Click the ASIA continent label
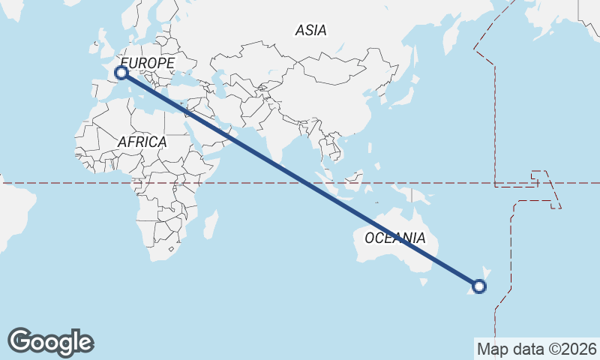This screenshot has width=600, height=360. click(x=310, y=31)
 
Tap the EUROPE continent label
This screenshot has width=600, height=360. click(x=147, y=64)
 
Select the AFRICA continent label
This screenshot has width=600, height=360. click(x=142, y=142)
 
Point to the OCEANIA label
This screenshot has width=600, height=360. click(x=395, y=238)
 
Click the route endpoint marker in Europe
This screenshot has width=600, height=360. click(x=121, y=73)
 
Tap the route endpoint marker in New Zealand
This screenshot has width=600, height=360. click(x=479, y=286)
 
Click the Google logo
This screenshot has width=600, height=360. click(x=50, y=341)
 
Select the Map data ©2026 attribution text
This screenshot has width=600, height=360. click(x=536, y=349)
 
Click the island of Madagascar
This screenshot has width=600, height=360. click(x=211, y=223)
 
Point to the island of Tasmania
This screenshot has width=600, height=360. click(x=424, y=281)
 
